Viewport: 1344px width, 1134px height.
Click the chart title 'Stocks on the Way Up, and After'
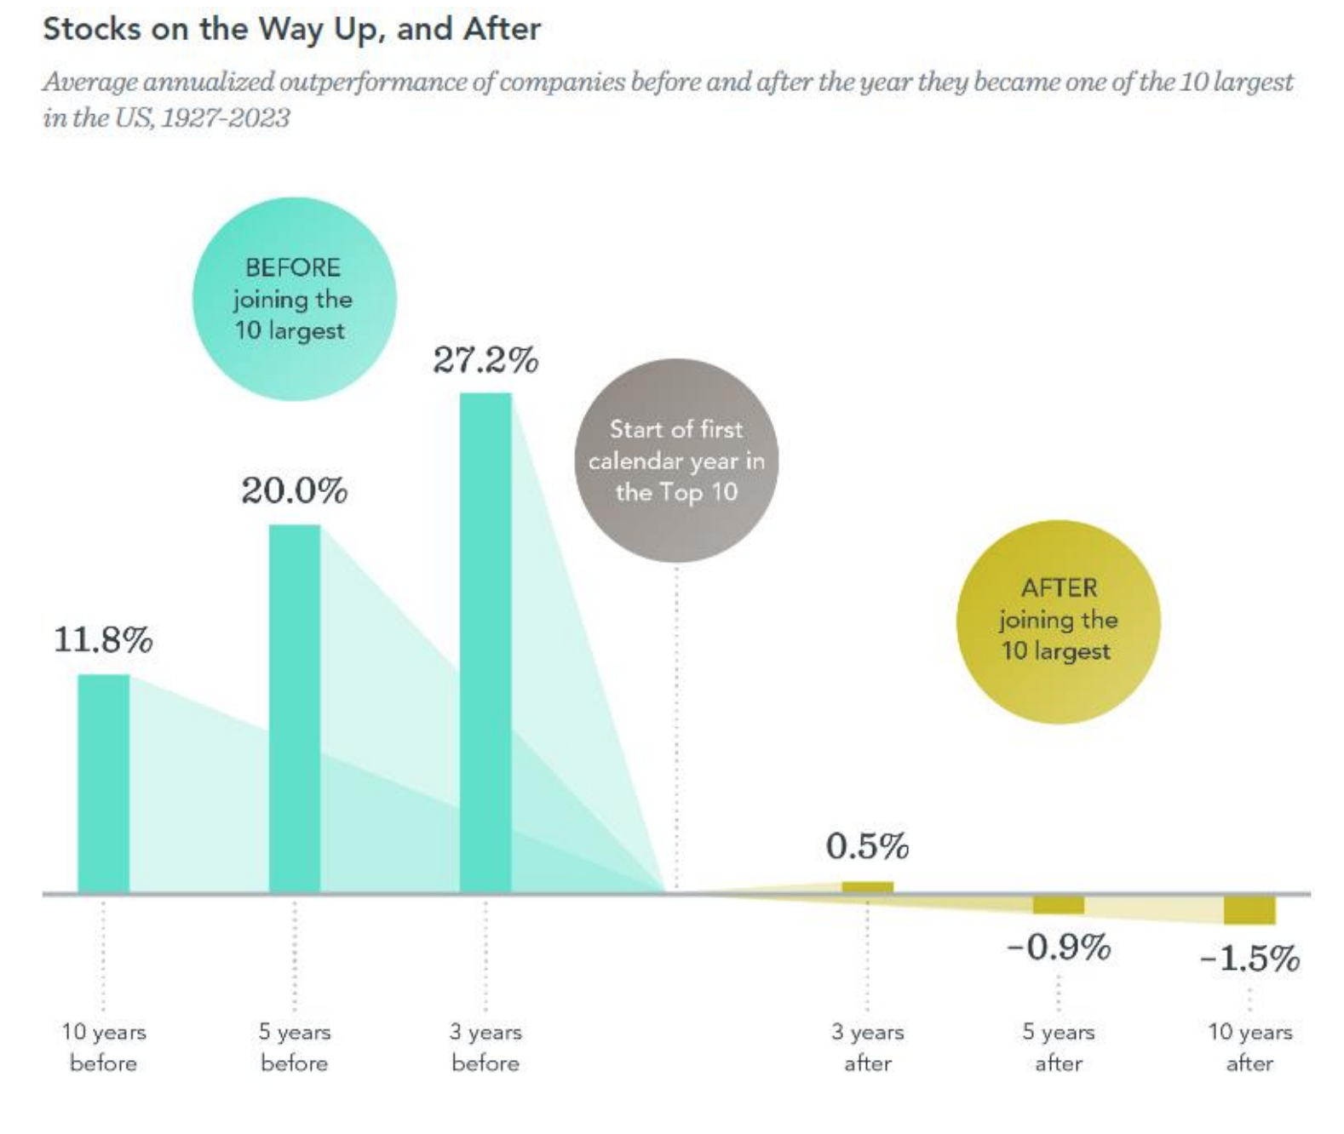click(291, 29)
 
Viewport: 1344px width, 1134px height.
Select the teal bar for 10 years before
click(103, 783)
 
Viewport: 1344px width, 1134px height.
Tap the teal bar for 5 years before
click(295, 708)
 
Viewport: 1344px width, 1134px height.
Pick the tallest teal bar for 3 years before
click(485, 643)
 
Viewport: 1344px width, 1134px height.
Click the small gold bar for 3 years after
click(867, 888)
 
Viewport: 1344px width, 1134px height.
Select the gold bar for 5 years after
click(1058, 905)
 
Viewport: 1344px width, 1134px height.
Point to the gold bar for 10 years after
click(1249, 910)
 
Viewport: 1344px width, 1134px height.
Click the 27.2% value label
click(485, 360)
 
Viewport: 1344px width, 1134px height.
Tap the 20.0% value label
click(295, 491)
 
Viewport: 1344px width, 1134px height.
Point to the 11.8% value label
click(103, 639)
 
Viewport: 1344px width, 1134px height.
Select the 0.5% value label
click(867, 846)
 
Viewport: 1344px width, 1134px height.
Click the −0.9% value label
click(1059, 947)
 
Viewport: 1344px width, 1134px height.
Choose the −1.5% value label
click(1249, 959)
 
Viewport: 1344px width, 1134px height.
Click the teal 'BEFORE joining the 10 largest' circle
click(294, 299)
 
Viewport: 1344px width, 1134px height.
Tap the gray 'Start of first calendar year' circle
click(676, 461)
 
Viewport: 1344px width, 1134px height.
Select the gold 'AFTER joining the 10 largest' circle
click(1058, 621)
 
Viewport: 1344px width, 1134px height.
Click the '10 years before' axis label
click(103, 1047)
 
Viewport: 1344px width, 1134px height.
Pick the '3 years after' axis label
click(867, 1047)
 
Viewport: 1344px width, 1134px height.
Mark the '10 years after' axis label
click(1249, 1047)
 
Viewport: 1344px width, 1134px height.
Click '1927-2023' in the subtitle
click(225, 117)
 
